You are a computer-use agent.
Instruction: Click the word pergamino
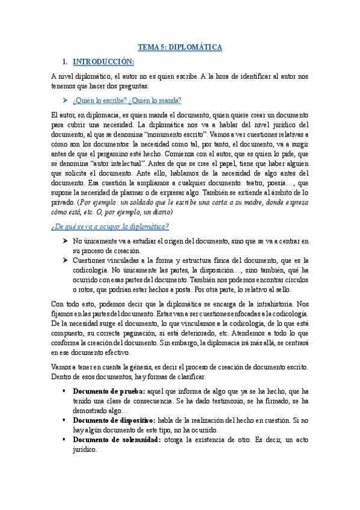pyautogui.click(x=127, y=154)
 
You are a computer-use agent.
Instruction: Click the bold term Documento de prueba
pyautogui.click(x=110, y=391)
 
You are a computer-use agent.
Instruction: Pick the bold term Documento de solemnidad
pyautogui.click(x=118, y=440)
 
